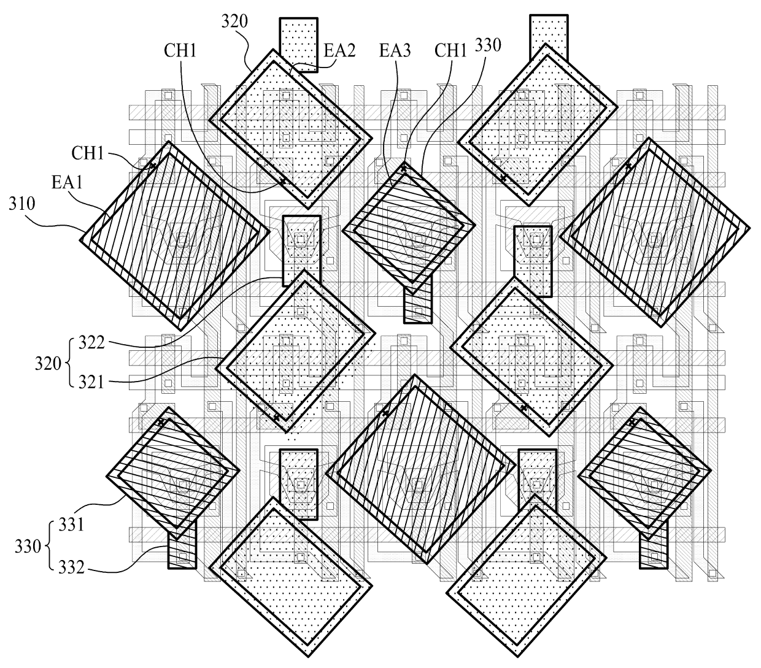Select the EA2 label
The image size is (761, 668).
point(338,50)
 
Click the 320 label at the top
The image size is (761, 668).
point(234,22)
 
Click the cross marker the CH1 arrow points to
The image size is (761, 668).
point(153,164)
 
